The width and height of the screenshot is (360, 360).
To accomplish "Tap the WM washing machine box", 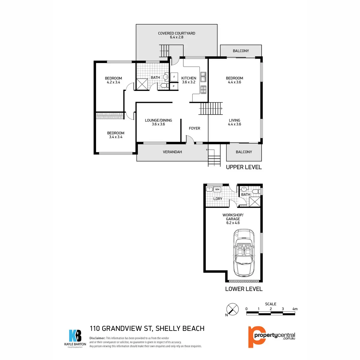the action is pyautogui.click(x=217, y=189).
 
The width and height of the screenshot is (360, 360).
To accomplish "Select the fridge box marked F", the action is pyautogui.click(x=174, y=77).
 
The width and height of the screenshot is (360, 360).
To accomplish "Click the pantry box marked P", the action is pyautogui.click(x=174, y=86).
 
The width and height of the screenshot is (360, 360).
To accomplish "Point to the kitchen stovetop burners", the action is pyautogui.click(x=203, y=89).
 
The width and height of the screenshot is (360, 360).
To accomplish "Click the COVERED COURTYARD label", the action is pyautogui.click(x=176, y=33).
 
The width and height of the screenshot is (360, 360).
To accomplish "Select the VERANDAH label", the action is pyautogui.click(x=172, y=152).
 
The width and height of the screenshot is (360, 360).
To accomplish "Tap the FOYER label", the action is pyautogui.click(x=194, y=128).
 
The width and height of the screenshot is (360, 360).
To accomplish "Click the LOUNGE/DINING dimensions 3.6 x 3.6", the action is pyautogui.click(x=158, y=124).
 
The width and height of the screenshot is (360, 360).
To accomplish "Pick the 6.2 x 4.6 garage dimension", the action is pyautogui.click(x=233, y=223).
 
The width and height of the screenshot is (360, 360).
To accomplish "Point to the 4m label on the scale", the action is pyautogui.click(x=295, y=309).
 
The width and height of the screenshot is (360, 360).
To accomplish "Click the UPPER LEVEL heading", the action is pyautogui.click(x=244, y=167).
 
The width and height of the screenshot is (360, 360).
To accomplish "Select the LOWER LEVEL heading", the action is pyautogui.click(x=244, y=289).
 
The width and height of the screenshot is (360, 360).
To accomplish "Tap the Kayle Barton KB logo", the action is pyautogui.click(x=75, y=336).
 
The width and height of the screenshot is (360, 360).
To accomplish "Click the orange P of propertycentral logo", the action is pyautogui.click(x=254, y=336).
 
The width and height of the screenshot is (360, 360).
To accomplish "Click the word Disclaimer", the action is pyautogui.click(x=97, y=338).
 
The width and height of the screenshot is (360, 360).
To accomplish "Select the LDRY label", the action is pyautogui.click(x=218, y=199).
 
